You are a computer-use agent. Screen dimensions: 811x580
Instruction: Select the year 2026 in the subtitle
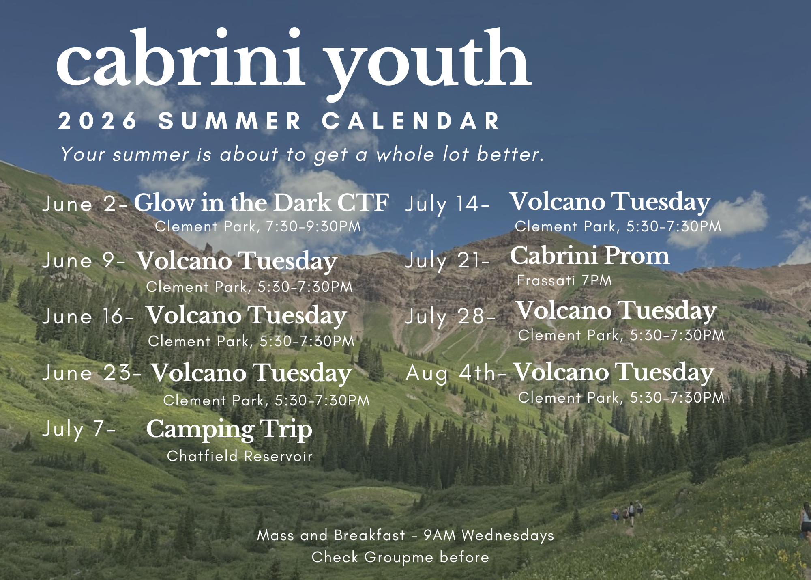98,121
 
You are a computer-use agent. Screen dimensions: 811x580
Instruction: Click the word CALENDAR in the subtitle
411,121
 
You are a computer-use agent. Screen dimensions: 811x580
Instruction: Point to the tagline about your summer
302,155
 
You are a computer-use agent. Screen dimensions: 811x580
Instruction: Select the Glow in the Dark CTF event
262,203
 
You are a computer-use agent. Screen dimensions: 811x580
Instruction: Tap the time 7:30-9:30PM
313,226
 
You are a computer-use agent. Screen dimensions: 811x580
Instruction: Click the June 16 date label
88,316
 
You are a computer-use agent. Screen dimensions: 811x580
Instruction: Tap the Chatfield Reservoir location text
240,456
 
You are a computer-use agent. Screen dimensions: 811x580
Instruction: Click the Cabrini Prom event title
590,255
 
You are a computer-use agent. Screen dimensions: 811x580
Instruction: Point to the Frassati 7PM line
564,280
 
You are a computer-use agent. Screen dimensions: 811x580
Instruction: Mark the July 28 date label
451,317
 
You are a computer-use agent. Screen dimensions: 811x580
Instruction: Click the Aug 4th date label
456,373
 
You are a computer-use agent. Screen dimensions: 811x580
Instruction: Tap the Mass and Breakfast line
405,535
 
